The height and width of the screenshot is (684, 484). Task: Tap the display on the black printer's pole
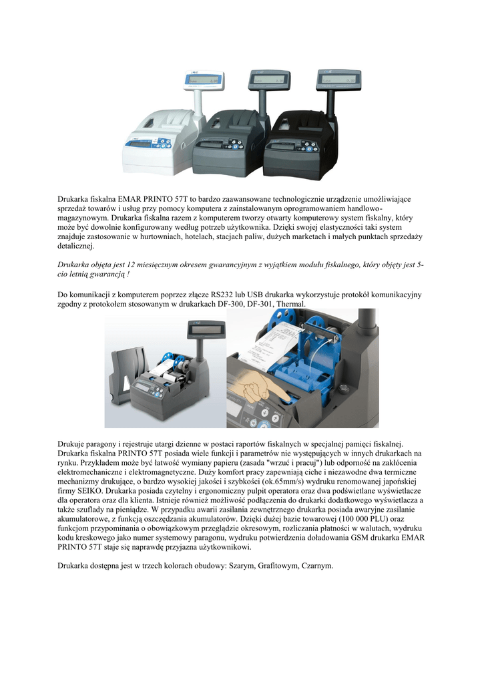click(336, 80)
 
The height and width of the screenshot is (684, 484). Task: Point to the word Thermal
click(290, 304)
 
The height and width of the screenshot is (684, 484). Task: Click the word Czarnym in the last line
click(316, 566)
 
